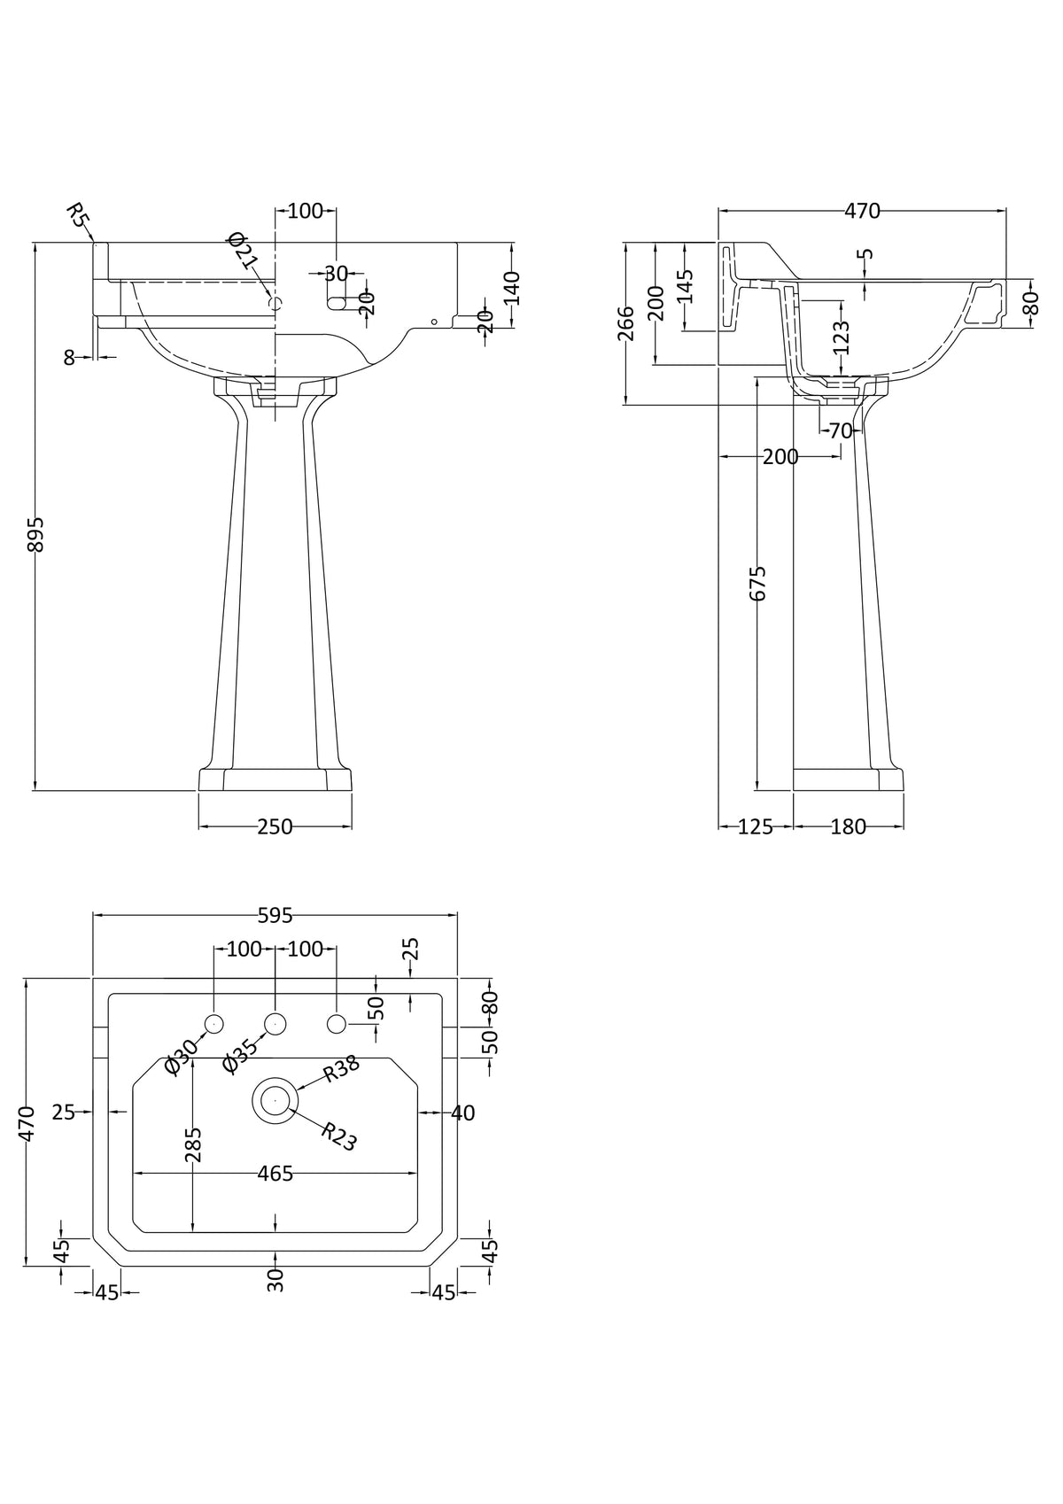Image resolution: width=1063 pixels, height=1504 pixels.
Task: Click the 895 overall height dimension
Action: click(35, 534)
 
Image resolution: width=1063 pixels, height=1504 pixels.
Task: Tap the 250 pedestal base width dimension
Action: click(275, 826)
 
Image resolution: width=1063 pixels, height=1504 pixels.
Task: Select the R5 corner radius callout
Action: click(79, 215)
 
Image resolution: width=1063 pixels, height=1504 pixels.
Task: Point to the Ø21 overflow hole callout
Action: click(247, 252)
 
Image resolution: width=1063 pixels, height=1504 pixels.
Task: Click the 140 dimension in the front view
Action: click(512, 287)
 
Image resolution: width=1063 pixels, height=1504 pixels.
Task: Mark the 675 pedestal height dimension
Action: click(757, 583)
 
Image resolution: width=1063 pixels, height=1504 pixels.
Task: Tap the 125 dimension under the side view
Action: click(756, 826)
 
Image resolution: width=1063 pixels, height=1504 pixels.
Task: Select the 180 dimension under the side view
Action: click(848, 826)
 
